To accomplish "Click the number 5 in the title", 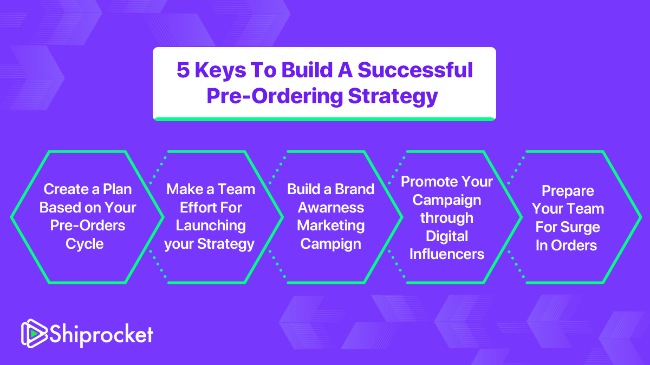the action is click(x=183, y=70).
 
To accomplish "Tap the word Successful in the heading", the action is click(x=415, y=70).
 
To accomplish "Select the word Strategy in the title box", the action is click(x=393, y=97).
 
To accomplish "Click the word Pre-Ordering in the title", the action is click(x=275, y=97).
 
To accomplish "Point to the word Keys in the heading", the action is click(x=220, y=71).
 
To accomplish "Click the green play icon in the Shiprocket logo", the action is click(x=34, y=334).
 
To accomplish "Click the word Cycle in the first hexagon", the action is click(x=84, y=244).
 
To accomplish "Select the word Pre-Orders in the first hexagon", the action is click(x=88, y=225).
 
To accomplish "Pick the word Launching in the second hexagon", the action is click(x=211, y=226).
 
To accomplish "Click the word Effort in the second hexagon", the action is click(x=196, y=208).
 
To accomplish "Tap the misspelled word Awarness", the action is click(x=331, y=208).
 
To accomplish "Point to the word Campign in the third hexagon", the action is click(x=331, y=244).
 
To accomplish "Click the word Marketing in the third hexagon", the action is click(x=331, y=226).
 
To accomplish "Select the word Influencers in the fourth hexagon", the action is click(x=447, y=254).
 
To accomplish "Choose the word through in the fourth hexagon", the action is click(x=447, y=218).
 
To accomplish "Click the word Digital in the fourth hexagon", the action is click(x=447, y=237).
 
